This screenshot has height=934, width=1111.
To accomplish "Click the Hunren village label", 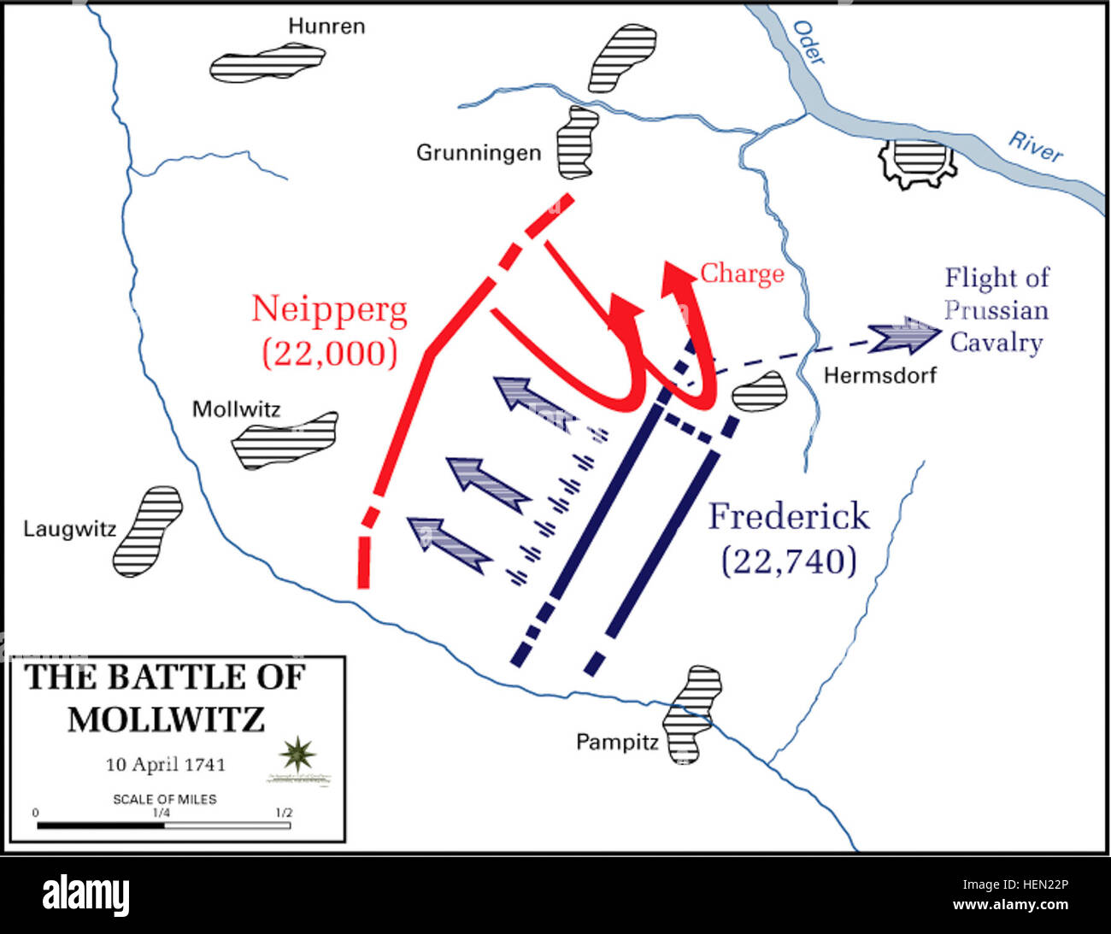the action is [x=326, y=26].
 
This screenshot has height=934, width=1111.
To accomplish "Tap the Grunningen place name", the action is [x=479, y=153].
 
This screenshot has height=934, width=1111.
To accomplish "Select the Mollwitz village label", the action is [x=236, y=408].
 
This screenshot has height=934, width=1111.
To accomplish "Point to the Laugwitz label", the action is [x=69, y=529].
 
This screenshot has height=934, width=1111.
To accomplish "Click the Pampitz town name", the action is [x=617, y=741].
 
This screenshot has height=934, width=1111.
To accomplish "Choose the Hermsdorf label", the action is [x=879, y=374].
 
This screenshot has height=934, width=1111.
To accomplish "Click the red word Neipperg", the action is [x=329, y=309].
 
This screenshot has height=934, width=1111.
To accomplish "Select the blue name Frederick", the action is [x=788, y=517].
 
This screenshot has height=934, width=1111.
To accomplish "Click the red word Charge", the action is [x=742, y=273].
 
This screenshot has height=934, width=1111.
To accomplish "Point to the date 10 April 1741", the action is [x=165, y=764].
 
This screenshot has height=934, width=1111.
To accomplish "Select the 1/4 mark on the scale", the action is [x=161, y=813].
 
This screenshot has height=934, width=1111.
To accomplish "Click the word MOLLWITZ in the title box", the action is [x=166, y=719].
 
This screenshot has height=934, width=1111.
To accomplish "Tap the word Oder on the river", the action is [x=808, y=42].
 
